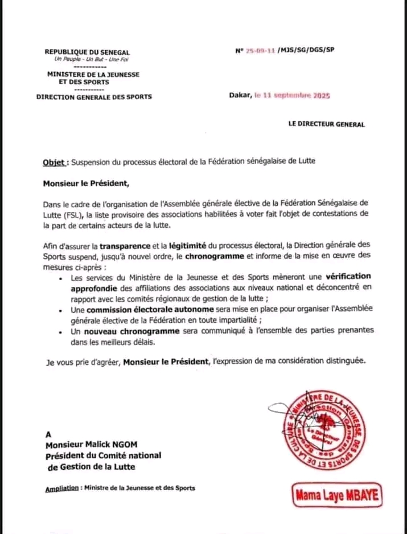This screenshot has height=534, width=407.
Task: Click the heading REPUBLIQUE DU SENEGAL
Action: [x=87, y=52]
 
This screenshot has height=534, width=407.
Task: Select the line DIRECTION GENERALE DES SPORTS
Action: [x=94, y=97]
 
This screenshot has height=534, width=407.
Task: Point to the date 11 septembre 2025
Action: [x=296, y=96]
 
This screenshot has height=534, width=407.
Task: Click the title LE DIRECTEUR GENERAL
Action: [x=327, y=124]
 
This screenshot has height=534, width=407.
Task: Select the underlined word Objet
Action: [x=54, y=162]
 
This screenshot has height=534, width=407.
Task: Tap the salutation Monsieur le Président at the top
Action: [x=86, y=183]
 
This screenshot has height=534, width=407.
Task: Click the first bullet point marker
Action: [x=61, y=279]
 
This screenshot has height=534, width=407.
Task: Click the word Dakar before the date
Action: [x=240, y=96]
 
